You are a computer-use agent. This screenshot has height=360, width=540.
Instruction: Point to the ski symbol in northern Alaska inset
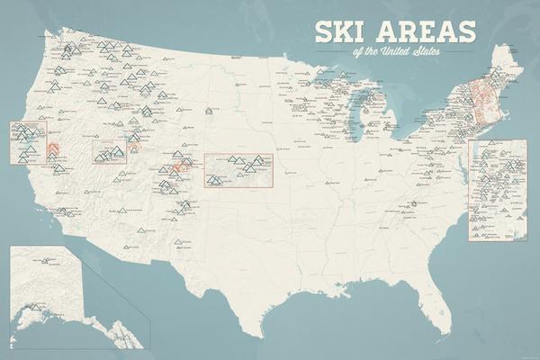[x=43, y=262]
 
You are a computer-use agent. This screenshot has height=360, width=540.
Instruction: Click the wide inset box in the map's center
[x=238, y=170]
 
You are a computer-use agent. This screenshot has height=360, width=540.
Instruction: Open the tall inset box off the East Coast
[x=498, y=190]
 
